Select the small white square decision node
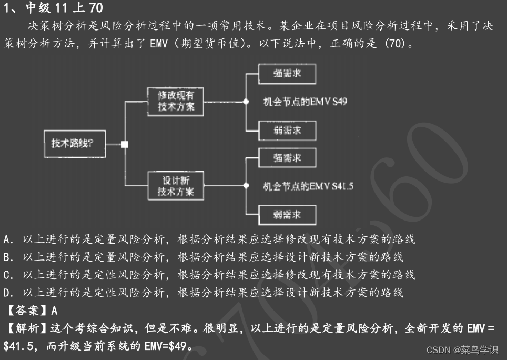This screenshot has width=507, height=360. (x=124, y=144)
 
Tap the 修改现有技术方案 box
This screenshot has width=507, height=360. (x=176, y=101)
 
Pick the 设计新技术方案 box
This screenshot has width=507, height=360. (x=176, y=186)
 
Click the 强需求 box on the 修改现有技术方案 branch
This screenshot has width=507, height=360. (x=287, y=73)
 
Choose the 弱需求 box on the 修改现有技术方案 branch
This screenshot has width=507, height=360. (x=287, y=130)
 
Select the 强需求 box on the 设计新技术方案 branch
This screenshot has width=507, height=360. (x=287, y=158)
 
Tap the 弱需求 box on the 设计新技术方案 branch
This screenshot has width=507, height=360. (x=287, y=215)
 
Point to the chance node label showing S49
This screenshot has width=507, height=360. (x=305, y=102)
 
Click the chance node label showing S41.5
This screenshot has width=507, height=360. (x=308, y=186)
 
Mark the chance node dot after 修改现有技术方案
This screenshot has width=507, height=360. (x=245, y=102)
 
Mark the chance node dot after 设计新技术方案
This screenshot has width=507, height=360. (x=245, y=186)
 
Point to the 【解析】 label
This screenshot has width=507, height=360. (x=26, y=329)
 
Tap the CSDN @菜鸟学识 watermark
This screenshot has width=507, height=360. (x=462, y=350)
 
